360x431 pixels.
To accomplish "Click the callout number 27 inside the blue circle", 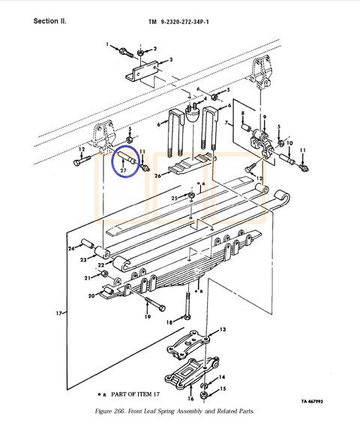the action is (123, 170).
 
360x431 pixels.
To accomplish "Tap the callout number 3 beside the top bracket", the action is (171, 60).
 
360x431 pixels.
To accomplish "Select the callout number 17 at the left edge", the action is (58, 313).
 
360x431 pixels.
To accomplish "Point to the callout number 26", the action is (157, 175).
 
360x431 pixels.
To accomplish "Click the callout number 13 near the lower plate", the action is (223, 329).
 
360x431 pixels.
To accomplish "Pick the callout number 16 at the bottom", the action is (190, 399).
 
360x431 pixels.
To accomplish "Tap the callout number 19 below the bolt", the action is (148, 316).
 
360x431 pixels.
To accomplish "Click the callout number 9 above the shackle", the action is (265, 117).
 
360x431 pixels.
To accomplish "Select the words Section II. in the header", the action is (49, 21).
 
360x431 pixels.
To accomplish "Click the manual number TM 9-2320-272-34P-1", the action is (178, 22).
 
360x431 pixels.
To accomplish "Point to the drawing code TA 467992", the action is (312, 401).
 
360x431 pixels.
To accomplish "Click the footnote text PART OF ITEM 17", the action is (135, 394).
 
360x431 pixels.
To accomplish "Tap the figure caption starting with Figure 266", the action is (175, 412).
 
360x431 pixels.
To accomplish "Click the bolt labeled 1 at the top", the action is (127, 53).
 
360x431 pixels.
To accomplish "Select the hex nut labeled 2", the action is (140, 52).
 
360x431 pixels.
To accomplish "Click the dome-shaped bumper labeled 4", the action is (192, 112).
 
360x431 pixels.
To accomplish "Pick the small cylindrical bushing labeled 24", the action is (88, 244).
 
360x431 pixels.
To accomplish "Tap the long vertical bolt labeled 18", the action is (187, 306).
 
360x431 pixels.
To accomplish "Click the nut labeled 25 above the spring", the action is (192, 196).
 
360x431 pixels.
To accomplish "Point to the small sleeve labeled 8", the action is (245, 127).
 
